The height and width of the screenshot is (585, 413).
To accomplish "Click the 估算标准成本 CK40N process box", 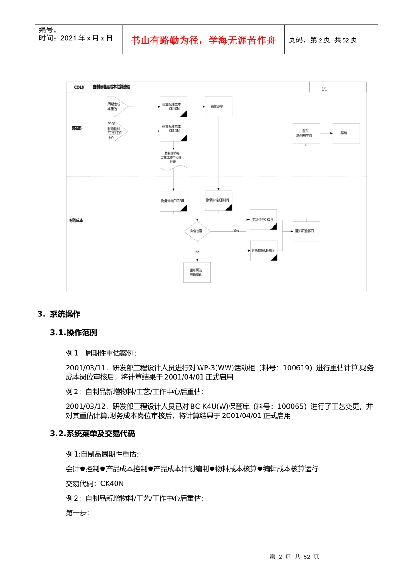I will pyautogui.click(x=173, y=107).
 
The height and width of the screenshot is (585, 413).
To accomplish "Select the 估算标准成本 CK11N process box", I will pyautogui.click(x=173, y=131).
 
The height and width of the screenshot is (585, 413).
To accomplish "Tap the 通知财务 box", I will pyautogui.click(x=218, y=107).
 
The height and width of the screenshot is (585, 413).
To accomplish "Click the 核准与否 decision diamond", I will pyautogui.click(x=197, y=231).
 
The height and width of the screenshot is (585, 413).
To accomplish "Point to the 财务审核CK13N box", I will pyautogui.click(x=173, y=201).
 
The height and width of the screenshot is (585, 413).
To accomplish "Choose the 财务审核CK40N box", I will pyautogui.click(x=218, y=201).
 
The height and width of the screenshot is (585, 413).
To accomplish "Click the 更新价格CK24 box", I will pyautogui.click(x=263, y=220).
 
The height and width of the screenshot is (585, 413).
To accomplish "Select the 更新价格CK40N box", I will pyautogui.click(x=264, y=251).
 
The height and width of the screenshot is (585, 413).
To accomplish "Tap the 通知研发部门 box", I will pyautogui.click(x=306, y=231).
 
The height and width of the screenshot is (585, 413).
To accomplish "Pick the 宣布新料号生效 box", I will pyautogui.click(x=306, y=133).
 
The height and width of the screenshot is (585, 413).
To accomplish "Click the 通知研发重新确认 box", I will pyautogui.click(x=197, y=272).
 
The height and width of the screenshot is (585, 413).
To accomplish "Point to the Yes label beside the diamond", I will pyautogui.click(x=236, y=231).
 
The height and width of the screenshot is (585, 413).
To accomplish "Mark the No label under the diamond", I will pyautogui.click(x=197, y=252).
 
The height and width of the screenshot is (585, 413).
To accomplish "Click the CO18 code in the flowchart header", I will pyautogui.click(x=79, y=87).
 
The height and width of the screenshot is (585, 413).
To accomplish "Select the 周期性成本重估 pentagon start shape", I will pyautogui.click(x=116, y=107).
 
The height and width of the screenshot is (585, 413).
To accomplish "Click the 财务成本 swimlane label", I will pyautogui.click(x=76, y=221).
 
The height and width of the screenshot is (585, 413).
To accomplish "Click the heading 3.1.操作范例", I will pyautogui.click(x=73, y=333).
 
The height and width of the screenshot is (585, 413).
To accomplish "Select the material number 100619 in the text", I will pyautogui.click(x=296, y=368).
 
